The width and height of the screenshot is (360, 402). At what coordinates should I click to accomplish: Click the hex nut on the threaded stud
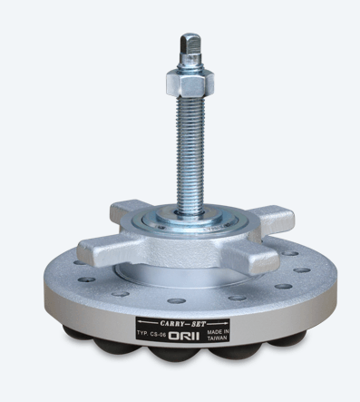coord(190,82)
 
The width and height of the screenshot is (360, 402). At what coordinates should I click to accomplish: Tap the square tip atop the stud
coord(190,44)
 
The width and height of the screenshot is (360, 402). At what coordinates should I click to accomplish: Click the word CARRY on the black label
coord(172,324)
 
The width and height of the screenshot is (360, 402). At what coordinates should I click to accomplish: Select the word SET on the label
coord(199,324)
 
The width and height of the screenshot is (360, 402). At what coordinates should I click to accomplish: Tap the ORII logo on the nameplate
coord(184,336)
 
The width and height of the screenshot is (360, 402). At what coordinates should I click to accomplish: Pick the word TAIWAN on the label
coord(218,338)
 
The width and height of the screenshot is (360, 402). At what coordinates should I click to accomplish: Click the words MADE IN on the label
coord(218,332)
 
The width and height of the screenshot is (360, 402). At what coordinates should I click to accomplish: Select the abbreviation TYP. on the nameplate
coord(141,333)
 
